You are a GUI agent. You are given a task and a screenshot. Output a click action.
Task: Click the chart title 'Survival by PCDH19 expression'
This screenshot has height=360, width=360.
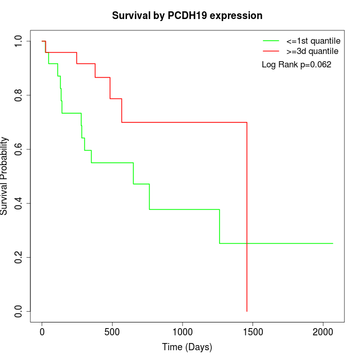(187, 16)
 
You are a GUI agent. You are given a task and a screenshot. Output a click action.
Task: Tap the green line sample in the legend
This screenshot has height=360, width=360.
(271, 41)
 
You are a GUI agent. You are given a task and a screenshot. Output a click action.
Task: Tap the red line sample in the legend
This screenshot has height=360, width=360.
(271, 51)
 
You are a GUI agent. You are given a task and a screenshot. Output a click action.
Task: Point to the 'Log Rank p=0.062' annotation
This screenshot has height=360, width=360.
(296, 65)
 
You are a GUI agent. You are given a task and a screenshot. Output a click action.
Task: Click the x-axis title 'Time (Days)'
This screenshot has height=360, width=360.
(187, 347)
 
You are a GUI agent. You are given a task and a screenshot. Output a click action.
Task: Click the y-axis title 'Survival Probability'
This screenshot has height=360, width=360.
(5, 176)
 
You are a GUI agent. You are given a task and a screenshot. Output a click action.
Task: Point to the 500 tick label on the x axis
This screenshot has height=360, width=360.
(112, 332)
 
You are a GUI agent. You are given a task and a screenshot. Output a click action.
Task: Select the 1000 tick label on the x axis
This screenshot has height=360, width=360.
(183, 332)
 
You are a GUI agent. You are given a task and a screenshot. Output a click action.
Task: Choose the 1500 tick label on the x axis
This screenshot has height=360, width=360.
(253, 332)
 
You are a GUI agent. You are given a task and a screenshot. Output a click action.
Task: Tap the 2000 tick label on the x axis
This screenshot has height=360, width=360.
(323, 332)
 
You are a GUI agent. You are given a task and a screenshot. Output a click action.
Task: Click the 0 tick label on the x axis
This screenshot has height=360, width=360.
(42, 332)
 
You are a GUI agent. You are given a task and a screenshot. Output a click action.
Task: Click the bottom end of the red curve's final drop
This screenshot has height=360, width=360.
(247, 311)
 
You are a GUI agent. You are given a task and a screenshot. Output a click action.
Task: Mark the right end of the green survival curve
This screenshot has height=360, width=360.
(333, 243)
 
